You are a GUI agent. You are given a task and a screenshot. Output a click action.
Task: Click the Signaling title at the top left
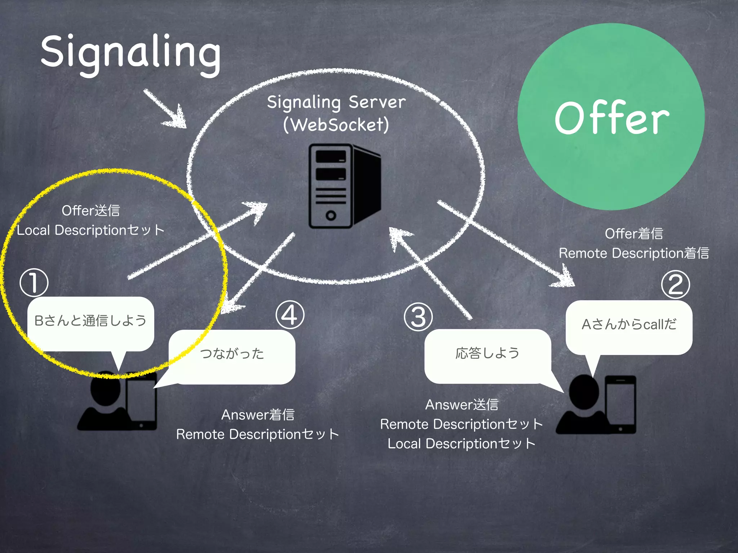point(130,53)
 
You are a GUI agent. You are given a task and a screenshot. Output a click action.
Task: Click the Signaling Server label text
point(336,102)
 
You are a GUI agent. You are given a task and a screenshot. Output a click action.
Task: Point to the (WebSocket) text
point(336,125)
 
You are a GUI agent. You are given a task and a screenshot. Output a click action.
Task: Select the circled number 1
point(34,283)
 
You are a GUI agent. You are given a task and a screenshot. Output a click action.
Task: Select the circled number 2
point(675,284)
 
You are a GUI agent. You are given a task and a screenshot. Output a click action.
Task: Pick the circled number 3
point(418,317)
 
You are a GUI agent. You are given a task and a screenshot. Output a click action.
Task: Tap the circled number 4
point(290,315)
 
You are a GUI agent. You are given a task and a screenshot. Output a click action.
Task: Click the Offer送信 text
point(90,211)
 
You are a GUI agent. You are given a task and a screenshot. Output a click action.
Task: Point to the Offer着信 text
point(634,234)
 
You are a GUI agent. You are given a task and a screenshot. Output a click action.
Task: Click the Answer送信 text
point(462,405)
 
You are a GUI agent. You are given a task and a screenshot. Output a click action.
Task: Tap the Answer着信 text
point(258,415)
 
